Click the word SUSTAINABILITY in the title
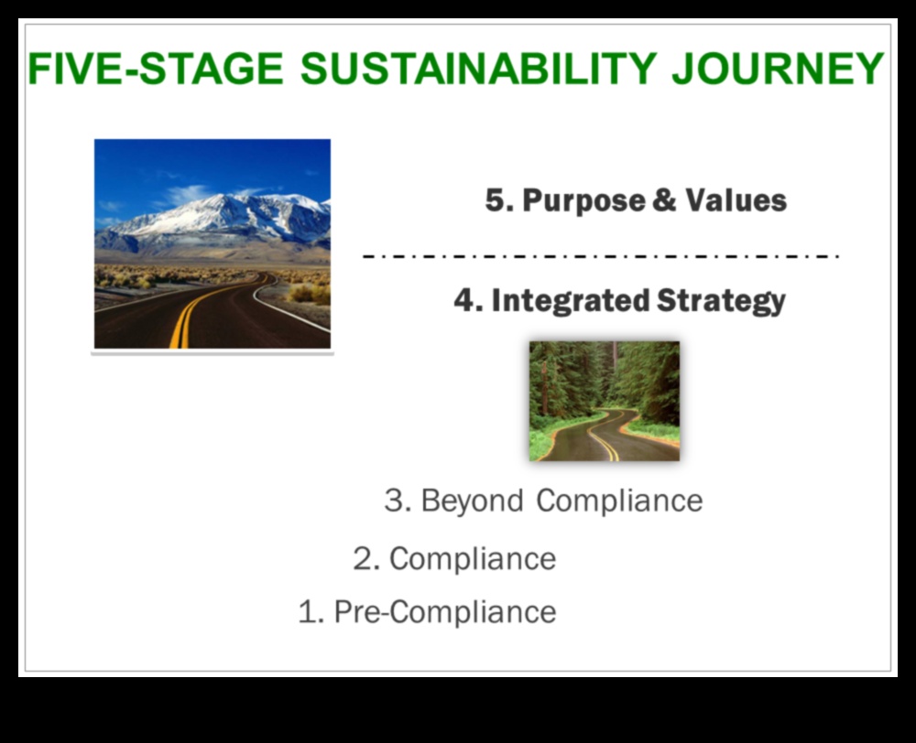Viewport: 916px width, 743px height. pyautogui.click(x=478, y=69)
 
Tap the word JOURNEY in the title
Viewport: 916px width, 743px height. pyautogui.click(x=778, y=69)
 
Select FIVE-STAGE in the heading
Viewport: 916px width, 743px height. pyautogui.click(x=156, y=69)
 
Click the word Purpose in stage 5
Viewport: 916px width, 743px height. pyautogui.click(x=583, y=200)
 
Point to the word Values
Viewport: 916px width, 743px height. pyautogui.click(x=736, y=200)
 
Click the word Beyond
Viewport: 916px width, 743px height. pyautogui.click(x=472, y=501)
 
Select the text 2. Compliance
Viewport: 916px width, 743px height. pyautogui.click(x=454, y=559)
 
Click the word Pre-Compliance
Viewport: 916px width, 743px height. pyautogui.click(x=445, y=612)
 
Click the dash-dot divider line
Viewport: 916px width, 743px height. pyautogui.click(x=601, y=256)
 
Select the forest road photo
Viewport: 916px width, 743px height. pyautogui.click(x=605, y=401)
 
